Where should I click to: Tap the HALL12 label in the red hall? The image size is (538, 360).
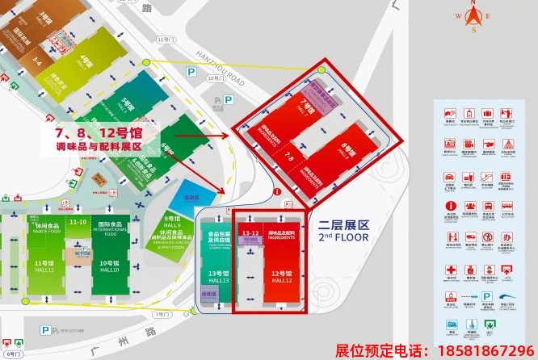coord(282,280)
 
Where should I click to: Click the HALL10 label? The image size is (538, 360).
coord(111,269)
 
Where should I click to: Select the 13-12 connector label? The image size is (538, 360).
coord(249,233)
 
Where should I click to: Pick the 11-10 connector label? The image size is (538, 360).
coord(78,221)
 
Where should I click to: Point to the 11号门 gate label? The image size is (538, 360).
coord(166,39)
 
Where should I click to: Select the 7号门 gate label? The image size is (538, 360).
coord(162,312)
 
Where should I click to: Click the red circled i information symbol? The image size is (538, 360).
coord(276,192)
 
